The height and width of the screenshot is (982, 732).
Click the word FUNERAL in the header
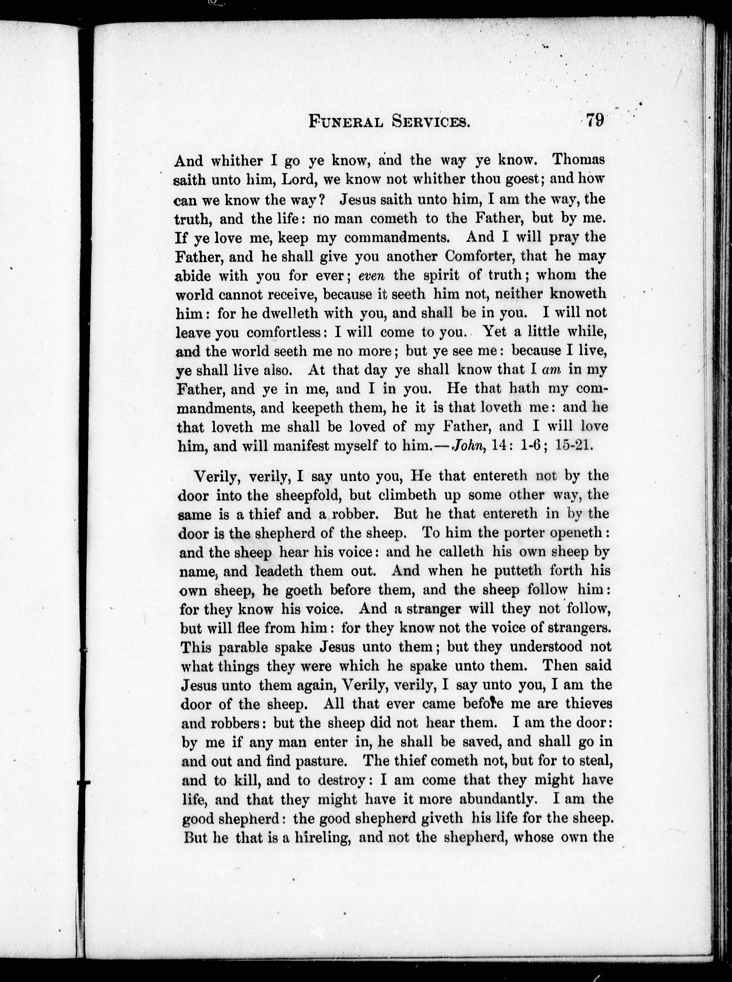coord(346,121)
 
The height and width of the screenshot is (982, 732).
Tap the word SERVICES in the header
coord(431,121)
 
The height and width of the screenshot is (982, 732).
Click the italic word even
coord(371,276)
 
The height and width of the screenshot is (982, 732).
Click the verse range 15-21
coord(573,445)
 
